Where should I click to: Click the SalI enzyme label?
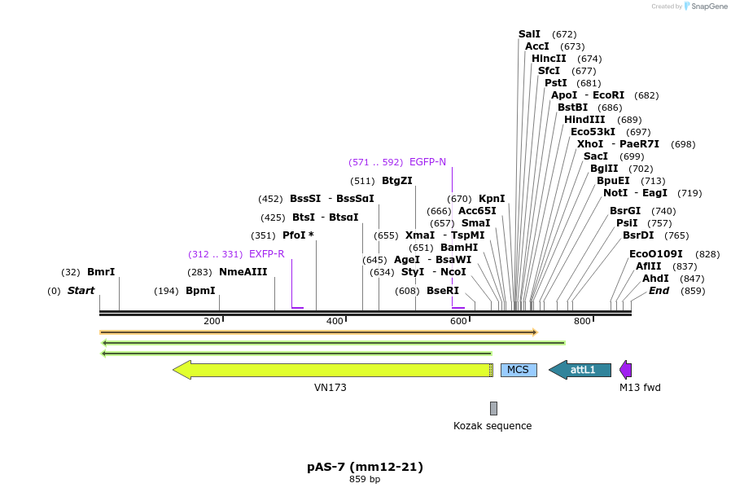(529, 34)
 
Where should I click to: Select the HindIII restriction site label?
(584, 120)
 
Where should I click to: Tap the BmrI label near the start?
(101, 272)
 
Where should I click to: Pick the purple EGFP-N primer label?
(427, 162)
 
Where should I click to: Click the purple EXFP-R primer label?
(266, 254)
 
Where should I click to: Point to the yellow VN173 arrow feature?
(333, 370)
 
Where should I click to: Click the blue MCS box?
(518, 370)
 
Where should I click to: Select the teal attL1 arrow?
(580, 370)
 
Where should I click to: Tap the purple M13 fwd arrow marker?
(625, 370)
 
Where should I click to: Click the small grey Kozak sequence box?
(493, 408)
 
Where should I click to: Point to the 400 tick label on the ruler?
(334, 321)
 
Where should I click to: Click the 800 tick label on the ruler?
(581, 321)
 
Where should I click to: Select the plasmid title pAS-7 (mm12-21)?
(365, 467)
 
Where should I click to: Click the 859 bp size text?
(365, 479)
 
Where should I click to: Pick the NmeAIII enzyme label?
(243, 272)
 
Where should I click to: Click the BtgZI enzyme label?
(397, 181)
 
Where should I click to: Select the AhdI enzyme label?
(655, 279)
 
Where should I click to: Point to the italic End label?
(659, 291)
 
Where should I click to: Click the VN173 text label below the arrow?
(330, 388)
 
